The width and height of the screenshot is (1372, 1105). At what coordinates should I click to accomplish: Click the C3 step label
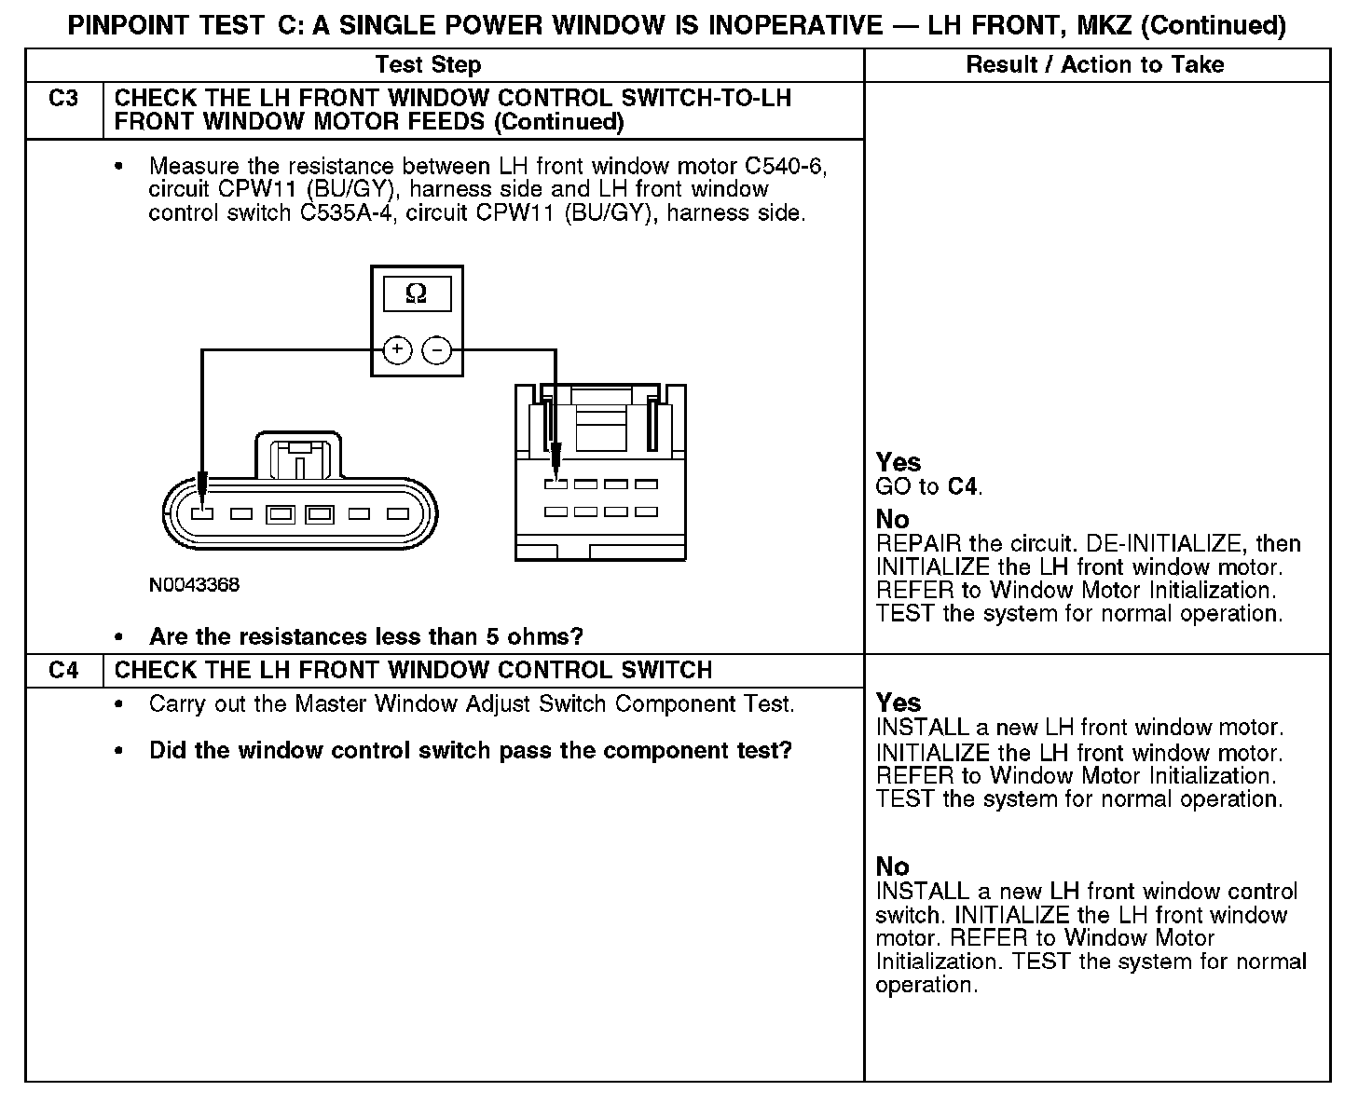point(63,99)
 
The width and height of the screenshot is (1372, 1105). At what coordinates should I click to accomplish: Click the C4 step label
point(63,671)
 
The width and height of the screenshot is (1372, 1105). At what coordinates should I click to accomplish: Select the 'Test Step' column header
point(428,65)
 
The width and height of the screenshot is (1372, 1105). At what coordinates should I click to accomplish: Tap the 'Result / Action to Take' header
point(1095,65)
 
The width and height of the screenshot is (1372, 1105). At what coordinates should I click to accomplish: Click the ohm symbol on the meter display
point(417,295)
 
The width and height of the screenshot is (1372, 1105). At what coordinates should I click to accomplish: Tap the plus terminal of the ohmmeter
point(398,350)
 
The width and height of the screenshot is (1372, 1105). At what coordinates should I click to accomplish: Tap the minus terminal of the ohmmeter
point(436,350)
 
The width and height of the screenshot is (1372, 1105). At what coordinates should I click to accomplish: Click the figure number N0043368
point(194,585)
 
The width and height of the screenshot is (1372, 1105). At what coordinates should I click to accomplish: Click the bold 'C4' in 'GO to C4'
point(964,486)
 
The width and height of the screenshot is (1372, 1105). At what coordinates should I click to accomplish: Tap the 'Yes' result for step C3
point(899,462)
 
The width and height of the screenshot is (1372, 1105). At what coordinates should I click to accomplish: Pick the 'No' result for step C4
point(892,866)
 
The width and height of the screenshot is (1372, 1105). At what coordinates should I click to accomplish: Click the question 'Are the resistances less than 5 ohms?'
point(365,637)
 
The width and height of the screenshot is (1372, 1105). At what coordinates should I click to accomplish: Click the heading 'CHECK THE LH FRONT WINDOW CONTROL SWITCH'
point(413,671)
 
